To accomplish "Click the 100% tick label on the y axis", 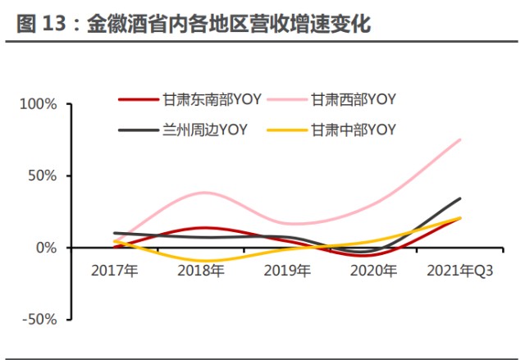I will pyautogui.click(x=39, y=104).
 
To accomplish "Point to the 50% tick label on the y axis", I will pyautogui.click(x=42, y=176).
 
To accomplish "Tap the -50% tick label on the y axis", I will pyautogui.click(x=39, y=320).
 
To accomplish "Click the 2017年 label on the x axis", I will pyautogui.click(x=115, y=270).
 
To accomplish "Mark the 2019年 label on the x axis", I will pyautogui.click(x=287, y=270).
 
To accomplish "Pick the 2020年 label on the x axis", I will pyautogui.click(x=373, y=270).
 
